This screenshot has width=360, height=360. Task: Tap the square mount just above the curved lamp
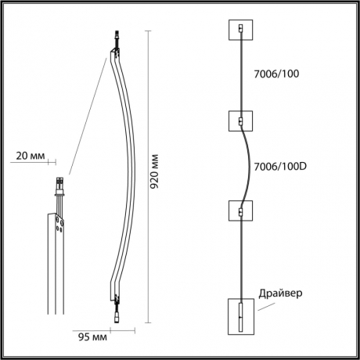pos(240,121)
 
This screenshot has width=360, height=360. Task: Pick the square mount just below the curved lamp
pos(240,211)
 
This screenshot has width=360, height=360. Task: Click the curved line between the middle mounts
pos(249,166)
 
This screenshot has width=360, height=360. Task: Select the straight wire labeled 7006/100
pos(240,76)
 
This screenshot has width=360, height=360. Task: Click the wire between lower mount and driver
pos(240,258)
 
